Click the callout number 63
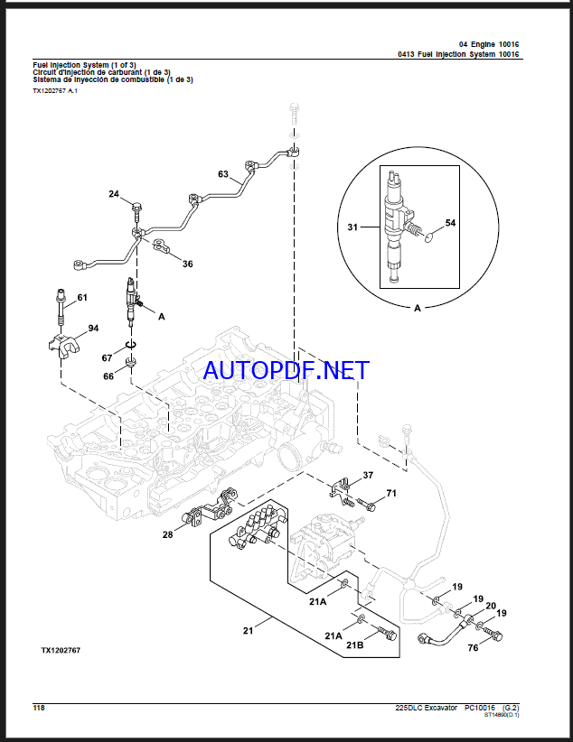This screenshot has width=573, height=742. (x=223, y=172)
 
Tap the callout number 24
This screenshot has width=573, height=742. (x=114, y=194)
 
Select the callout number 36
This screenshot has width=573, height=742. (x=188, y=264)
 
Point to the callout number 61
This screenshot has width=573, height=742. (x=82, y=297)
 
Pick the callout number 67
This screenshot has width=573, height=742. (x=108, y=358)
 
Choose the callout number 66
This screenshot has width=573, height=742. (x=108, y=376)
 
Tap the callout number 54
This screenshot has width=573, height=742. (x=450, y=222)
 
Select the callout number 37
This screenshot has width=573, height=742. (x=368, y=475)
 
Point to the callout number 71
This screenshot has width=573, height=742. (x=391, y=492)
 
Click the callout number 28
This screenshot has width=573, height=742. (x=168, y=535)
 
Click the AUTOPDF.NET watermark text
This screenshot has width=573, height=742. (x=286, y=370)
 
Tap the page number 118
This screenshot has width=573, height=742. (x=38, y=707)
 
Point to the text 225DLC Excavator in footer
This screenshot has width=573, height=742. (x=426, y=707)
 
